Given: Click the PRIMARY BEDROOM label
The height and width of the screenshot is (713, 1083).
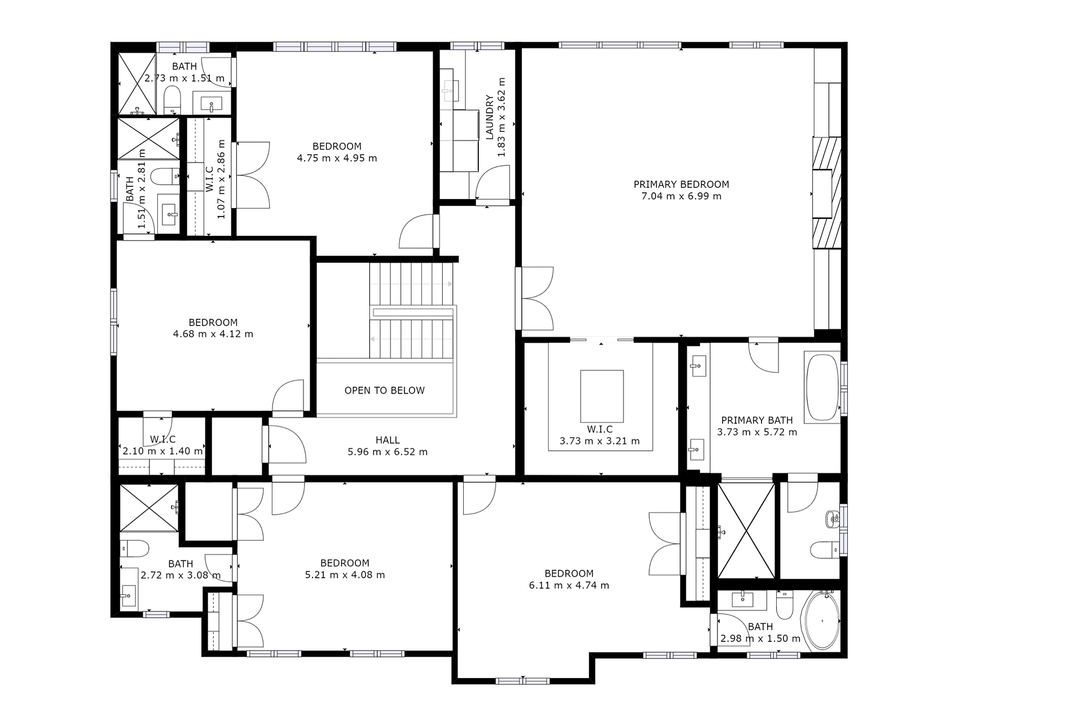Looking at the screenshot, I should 681,184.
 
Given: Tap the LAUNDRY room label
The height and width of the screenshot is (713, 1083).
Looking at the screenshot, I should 489,117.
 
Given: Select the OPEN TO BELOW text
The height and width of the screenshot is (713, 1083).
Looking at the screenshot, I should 384,390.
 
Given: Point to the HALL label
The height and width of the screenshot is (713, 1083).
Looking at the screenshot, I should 388,440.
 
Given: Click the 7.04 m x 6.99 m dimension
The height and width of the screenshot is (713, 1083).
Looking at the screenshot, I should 681,196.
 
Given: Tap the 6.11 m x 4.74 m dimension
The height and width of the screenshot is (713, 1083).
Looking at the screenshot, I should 569,586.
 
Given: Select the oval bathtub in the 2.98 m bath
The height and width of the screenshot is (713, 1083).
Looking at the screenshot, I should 821,620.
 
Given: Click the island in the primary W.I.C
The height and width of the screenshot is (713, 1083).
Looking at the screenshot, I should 601,396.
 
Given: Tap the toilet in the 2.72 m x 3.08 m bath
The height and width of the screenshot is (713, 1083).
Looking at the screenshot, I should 134,548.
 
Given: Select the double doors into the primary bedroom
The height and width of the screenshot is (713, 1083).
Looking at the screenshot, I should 535,298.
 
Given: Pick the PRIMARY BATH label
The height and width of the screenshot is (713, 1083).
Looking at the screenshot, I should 756,420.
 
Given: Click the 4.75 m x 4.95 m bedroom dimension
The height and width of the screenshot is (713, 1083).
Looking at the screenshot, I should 337,159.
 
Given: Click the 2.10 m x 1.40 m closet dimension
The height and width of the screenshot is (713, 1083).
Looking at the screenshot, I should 162,451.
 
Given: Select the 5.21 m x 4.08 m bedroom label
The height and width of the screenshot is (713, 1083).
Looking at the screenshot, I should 345,563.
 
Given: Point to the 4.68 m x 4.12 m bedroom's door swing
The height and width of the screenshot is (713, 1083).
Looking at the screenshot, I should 289,396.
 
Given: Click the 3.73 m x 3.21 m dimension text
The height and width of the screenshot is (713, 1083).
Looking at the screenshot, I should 599,441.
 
